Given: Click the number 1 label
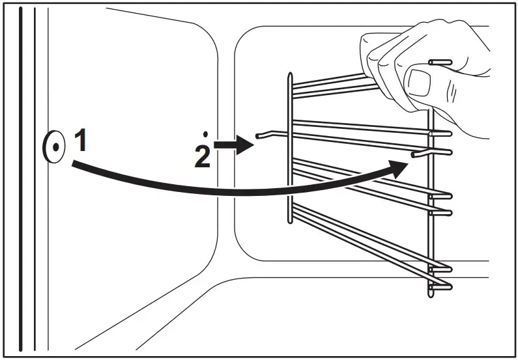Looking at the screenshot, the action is [81, 140].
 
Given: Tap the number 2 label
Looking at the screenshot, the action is [202, 157].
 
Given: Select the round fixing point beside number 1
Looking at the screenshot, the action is [54, 147].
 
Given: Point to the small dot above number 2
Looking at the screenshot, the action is [205, 134].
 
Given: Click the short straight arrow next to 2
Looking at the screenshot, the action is [233, 145].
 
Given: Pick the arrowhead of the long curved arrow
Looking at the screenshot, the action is [398, 169].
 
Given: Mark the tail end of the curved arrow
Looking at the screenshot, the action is [73, 164].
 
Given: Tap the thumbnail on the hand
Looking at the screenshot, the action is [419, 83].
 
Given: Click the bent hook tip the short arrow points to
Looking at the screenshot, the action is [258, 136].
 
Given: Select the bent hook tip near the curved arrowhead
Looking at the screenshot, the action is [414, 154].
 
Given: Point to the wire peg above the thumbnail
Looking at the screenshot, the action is [440, 62].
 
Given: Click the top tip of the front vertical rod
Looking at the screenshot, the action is [290, 75].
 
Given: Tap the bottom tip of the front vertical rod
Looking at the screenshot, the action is [290, 221].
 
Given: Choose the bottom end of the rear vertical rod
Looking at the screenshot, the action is [431, 295].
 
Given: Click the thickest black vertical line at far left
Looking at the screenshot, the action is [20, 179].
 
